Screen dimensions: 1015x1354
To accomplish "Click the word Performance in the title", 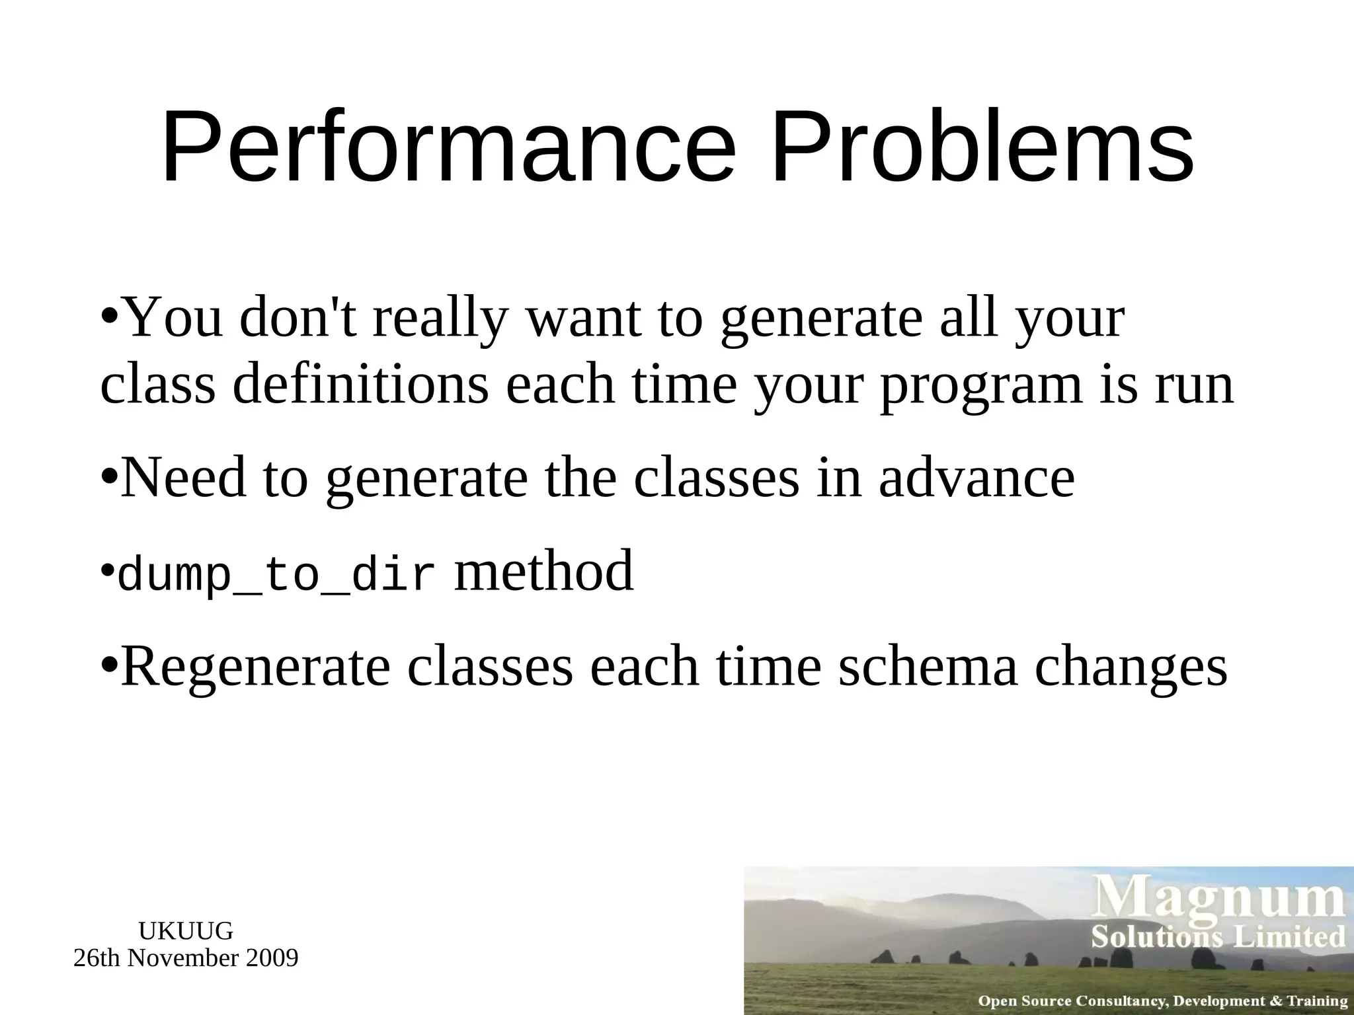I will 448,149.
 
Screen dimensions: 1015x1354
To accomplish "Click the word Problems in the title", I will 982,149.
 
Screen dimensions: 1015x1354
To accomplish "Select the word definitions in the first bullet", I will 360,386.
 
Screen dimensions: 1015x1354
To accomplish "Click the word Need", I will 183,478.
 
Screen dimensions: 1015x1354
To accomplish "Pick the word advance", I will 976,478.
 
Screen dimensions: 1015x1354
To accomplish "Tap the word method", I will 543,571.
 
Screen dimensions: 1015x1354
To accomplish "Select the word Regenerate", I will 255,667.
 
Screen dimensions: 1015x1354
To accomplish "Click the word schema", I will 928,667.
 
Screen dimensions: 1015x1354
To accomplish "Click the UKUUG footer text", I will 186,931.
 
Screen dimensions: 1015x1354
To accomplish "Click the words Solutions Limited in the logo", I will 1218,937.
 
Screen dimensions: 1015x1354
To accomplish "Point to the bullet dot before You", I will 111,313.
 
